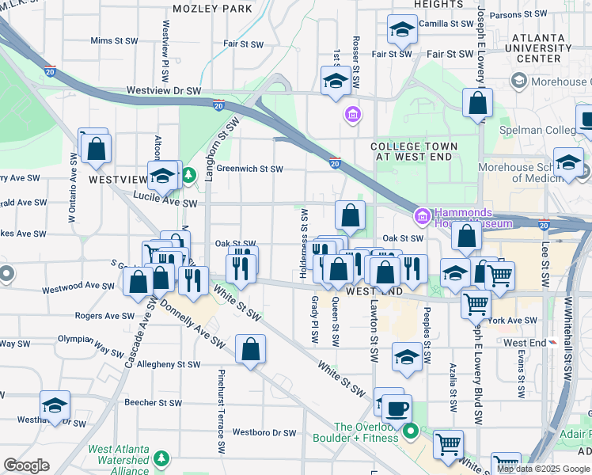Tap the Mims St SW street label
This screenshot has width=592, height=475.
(114, 40)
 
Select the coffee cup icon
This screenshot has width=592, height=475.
(397, 408)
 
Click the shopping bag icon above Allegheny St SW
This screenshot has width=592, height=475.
(250, 350)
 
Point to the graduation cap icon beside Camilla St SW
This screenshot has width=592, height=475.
(402, 31)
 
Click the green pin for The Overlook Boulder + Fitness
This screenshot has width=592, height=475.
(410, 431)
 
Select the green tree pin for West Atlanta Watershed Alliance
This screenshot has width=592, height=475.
(161, 458)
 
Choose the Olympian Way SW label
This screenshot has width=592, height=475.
(90, 338)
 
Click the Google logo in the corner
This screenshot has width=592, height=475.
(27, 465)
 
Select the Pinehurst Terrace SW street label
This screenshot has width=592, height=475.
(221, 411)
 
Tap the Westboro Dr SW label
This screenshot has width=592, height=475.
(264, 433)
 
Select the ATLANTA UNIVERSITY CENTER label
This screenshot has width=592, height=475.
(537, 47)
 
